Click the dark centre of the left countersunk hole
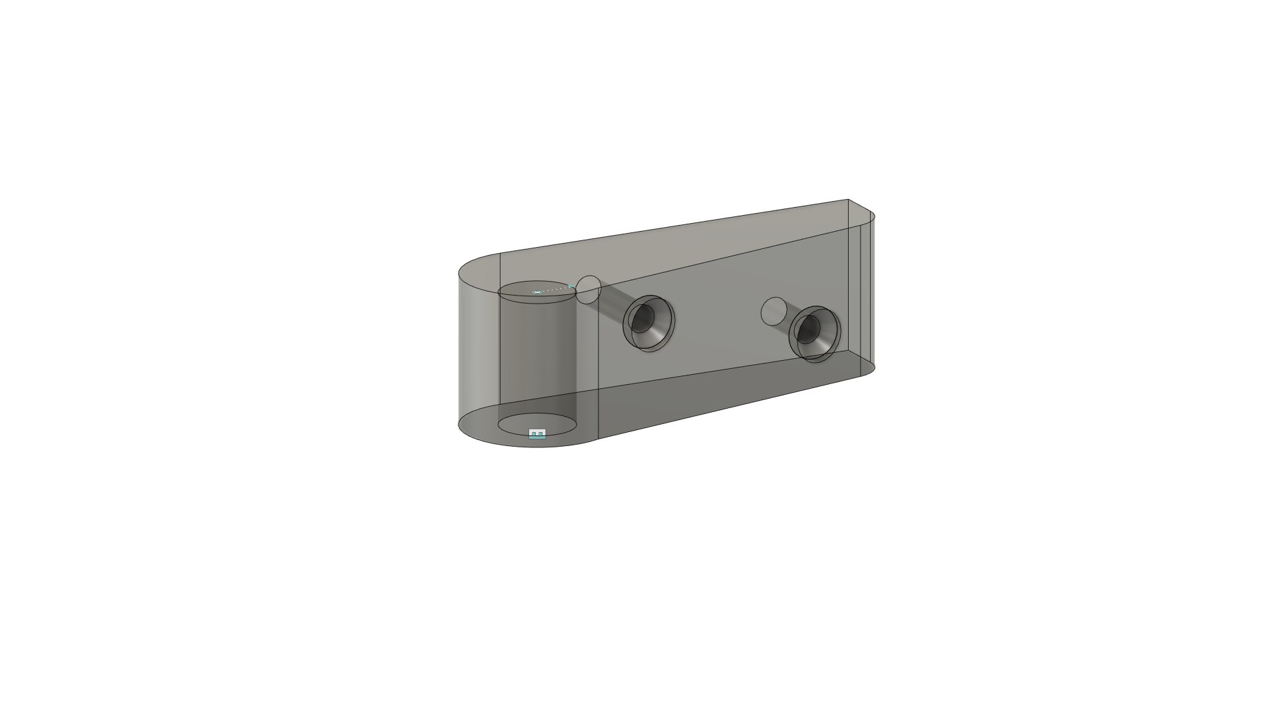pyautogui.click(x=641, y=320)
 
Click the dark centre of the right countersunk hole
pyautogui.click(x=807, y=329)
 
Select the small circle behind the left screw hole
pyautogui.click(x=588, y=290)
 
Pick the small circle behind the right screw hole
pyautogui.click(x=773, y=311)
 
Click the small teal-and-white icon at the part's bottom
pyautogui.click(x=537, y=434)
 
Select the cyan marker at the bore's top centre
pyautogui.click(x=536, y=292)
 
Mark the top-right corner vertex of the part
pyautogui.click(x=849, y=199)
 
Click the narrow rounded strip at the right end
pyautogui.click(x=868, y=293)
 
